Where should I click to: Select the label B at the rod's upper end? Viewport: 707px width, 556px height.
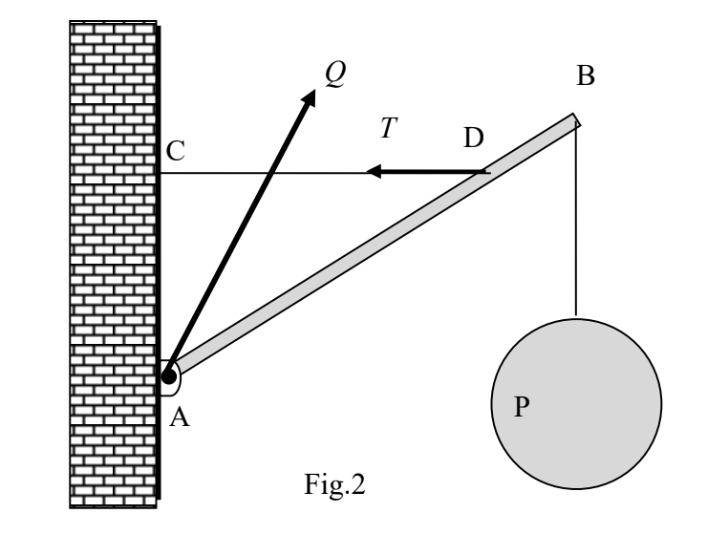586,76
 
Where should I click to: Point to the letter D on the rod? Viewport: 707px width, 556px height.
473,139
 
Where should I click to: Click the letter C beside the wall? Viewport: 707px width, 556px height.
175,150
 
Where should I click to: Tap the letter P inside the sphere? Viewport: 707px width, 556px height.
522,407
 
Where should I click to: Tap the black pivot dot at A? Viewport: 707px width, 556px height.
169,376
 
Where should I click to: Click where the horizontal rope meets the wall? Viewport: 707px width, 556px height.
161,173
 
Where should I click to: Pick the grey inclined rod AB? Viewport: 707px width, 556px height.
373,249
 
